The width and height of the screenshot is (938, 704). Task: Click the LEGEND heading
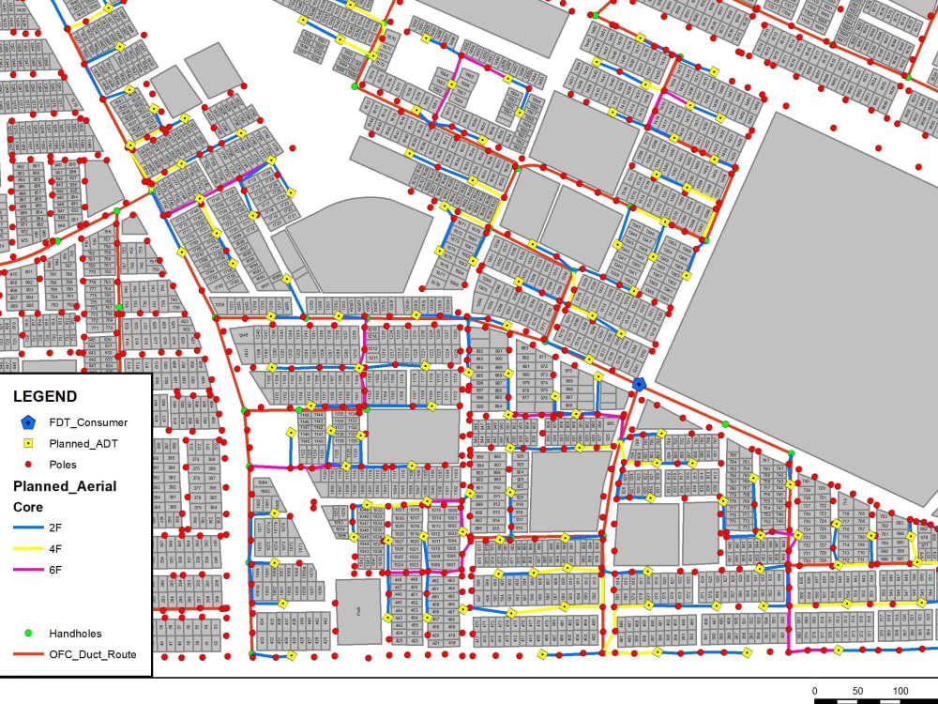[45, 397]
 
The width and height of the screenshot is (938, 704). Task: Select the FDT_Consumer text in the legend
[88, 422]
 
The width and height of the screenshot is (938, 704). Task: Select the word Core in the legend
[27, 507]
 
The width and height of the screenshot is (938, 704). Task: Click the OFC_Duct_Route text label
[99, 654]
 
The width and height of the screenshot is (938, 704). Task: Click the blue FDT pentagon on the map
[639, 384]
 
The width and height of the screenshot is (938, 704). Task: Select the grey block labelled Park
[358, 611]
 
